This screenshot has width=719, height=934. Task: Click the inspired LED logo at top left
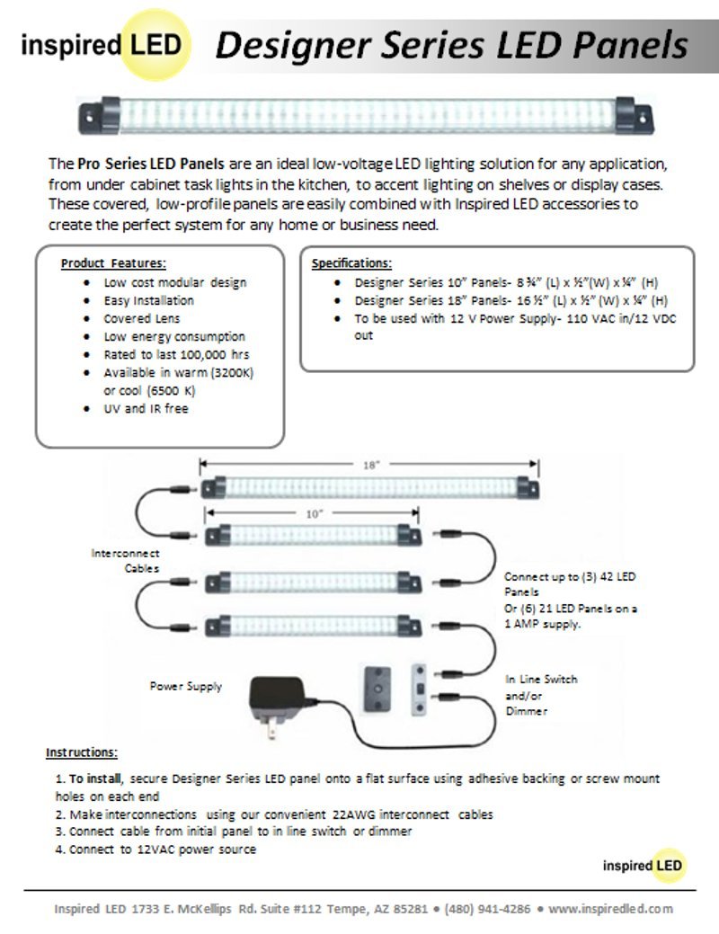coord(101,45)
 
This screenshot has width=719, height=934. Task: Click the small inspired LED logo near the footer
coord(644,866)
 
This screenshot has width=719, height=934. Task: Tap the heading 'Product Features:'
coord(113,263)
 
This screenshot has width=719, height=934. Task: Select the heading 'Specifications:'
coord(351,263)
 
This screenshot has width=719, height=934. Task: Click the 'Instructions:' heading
coord(82,752)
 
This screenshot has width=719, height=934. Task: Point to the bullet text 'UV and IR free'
coord(146,408)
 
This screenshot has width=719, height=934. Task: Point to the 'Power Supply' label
coord(185,686)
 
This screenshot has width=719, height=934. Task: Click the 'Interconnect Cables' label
coord(125,561)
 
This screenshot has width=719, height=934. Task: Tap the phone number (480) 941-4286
coord(487,909)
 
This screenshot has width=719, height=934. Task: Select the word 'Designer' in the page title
coord(288,45)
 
